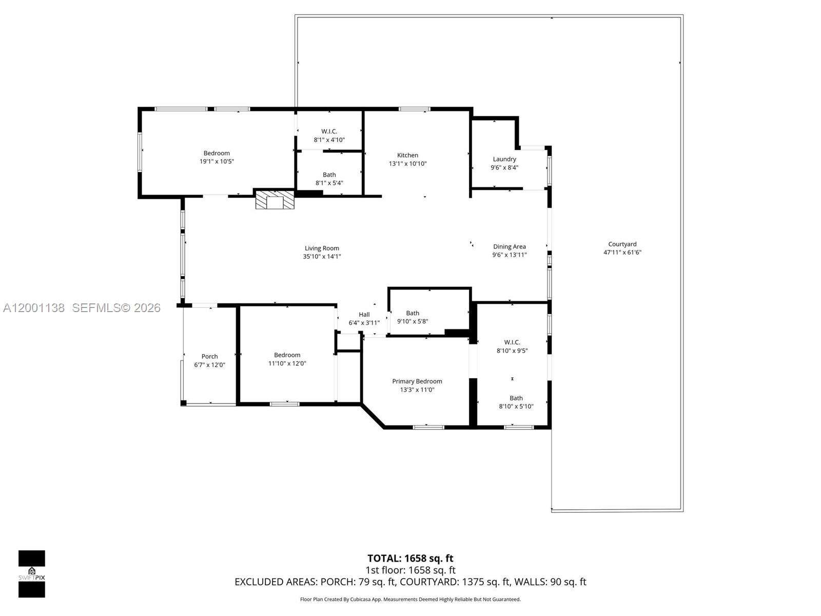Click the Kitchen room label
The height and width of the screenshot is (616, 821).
(407, 155)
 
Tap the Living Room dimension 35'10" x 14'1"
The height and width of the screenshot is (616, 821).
(322, 256)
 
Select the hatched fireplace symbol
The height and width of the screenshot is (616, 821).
(275, 200)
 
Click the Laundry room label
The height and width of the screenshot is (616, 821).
(504, 159)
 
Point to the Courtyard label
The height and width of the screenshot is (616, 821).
(622, 244)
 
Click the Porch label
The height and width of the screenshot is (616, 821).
(209, 356)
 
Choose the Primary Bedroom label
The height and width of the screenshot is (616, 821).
(417, 381)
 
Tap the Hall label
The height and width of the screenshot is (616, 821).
(364, 315)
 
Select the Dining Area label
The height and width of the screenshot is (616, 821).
(510, 246)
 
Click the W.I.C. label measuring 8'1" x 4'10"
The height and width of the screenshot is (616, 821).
(329, 131)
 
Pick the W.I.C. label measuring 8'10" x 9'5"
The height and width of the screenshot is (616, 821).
(512, 342)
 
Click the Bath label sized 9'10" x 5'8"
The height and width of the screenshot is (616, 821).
(413, 313)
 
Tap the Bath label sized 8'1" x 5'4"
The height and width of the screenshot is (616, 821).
(329, 175)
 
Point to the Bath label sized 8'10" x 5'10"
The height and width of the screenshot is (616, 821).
(516, 398)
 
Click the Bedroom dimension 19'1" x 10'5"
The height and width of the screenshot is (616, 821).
(217, 161)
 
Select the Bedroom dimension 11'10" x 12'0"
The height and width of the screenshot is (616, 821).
(287, 363)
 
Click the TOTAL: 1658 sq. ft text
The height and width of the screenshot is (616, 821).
(411, 558)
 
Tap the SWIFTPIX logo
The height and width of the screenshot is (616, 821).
(32, 573)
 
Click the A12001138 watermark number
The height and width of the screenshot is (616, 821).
(34, 308)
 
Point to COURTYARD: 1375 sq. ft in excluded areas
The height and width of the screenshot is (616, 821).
(455, 582)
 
